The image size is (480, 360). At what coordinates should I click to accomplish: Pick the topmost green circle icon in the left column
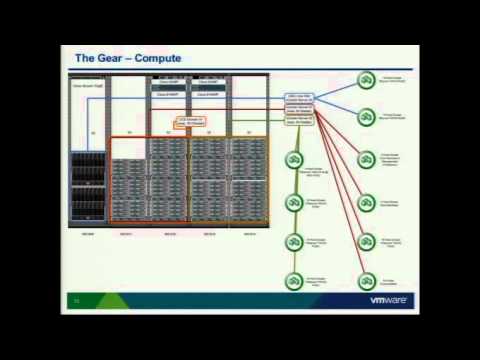pos(294,160)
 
